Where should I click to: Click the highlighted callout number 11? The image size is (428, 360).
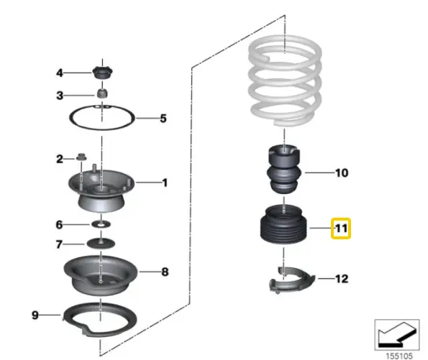tap(341, 229)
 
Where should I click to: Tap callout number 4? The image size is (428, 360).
tap(60, 73)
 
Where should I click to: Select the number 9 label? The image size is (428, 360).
tap(35, 315)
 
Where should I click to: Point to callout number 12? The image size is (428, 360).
tap(342, 279)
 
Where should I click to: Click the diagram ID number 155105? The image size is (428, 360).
tap(399, 356)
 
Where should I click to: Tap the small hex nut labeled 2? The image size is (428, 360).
tap(81, 157)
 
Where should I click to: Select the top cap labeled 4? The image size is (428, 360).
tap(102, 73)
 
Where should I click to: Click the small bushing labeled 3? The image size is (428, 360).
tap(102, 93)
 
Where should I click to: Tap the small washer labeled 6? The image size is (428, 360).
tap(101, 224)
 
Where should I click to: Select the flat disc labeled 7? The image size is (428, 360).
tap(101, 243)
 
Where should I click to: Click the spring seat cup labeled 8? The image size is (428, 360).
tap(101, 275)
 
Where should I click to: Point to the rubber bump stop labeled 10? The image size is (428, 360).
tap(284, 170)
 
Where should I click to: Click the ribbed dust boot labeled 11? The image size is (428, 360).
tap(283, 225)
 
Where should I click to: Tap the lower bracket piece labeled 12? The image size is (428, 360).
tap(292, 280)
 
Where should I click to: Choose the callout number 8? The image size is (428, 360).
tap(165, 272)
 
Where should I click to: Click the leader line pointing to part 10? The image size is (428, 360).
tap(319, 172)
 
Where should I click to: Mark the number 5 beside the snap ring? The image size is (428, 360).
tap(163, 119)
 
